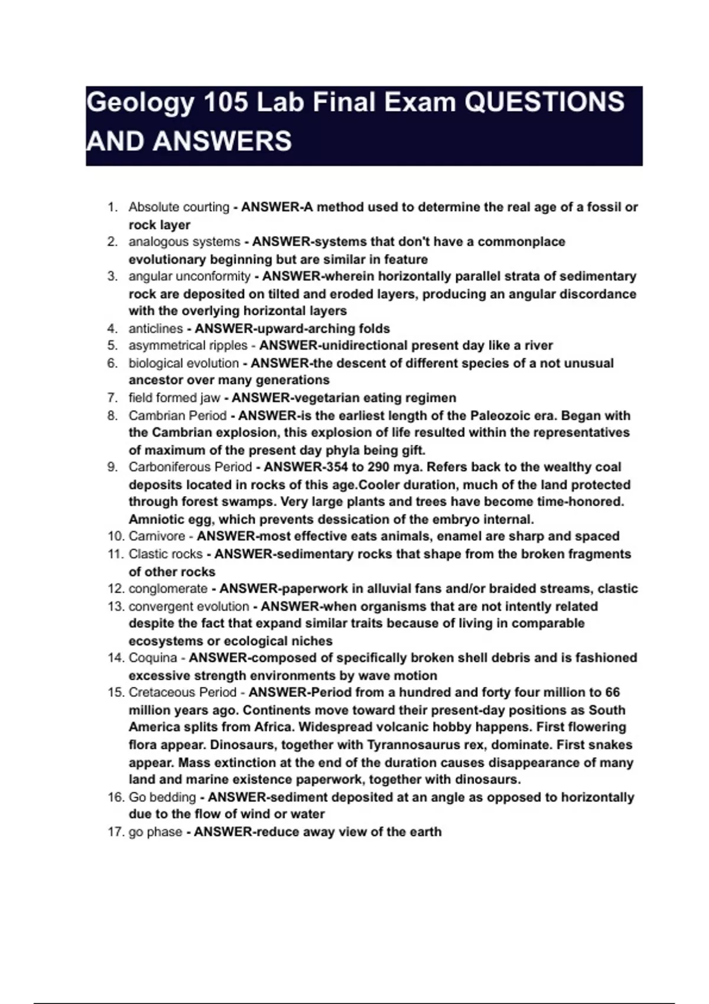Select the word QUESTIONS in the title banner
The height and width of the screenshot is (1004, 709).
544,102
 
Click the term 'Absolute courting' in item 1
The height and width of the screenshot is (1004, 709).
179,207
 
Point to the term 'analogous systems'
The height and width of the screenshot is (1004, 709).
184,242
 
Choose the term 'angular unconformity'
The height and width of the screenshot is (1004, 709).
190,276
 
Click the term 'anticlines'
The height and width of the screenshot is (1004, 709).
156,328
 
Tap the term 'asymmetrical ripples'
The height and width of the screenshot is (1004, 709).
188,345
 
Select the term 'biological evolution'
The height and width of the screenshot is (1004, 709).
184,363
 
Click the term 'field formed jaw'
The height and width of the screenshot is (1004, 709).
174,398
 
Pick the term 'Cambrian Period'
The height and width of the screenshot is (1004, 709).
178,415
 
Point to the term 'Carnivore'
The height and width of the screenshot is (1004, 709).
157,536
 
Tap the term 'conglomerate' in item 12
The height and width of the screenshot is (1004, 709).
168,589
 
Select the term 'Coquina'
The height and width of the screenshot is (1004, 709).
153,658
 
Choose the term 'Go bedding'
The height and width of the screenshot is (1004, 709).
162,797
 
